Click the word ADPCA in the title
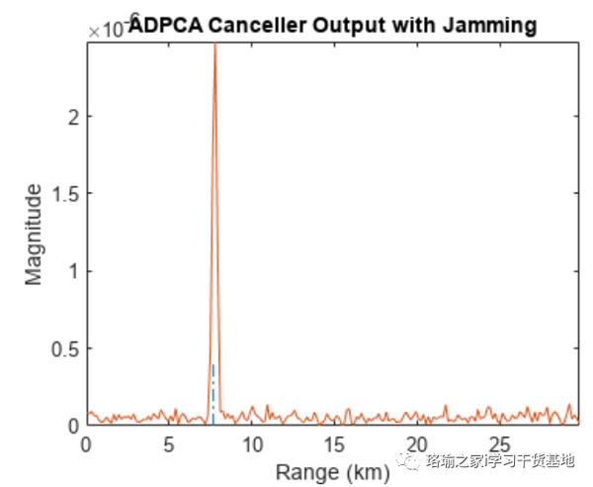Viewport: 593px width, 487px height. click(162, 27)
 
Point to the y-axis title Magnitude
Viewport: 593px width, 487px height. click(35, 234)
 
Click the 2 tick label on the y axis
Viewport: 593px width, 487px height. click(73, 116)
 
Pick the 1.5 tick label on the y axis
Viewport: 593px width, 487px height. click(65, 194)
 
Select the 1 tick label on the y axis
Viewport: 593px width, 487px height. click(73, 271)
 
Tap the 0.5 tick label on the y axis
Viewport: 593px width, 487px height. click(65, 348)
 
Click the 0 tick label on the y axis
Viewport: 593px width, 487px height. click(73, 426)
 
